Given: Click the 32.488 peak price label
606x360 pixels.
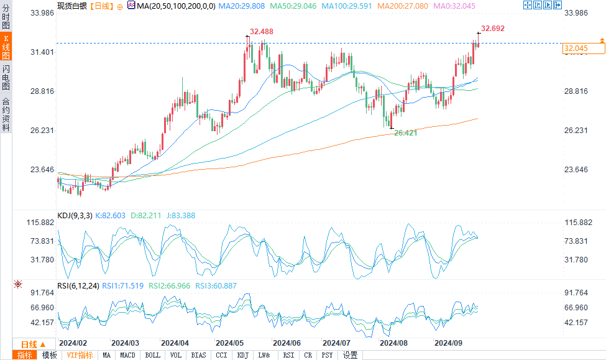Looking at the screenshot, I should tap(262, 31).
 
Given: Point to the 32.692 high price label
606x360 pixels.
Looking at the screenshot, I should tap(493, 29).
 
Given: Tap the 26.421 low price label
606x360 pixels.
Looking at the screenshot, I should tap(406, 133).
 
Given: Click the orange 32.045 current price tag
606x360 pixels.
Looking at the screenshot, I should tap(576, 48).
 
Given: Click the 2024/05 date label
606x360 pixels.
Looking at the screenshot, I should tap(229, 343).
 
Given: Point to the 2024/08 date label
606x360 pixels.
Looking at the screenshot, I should tap(393, 343).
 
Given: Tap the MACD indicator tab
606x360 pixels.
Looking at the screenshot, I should tap(127, 355).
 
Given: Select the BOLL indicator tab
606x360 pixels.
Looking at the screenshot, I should tap(152, 355).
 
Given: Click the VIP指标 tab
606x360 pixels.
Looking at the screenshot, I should tap(80, 355).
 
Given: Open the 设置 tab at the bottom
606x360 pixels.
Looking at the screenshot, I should tap(350, 355).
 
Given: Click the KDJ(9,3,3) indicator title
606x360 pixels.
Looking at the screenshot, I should tap(75, 216).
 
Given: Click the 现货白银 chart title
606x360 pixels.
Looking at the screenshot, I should tap(71, 6).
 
